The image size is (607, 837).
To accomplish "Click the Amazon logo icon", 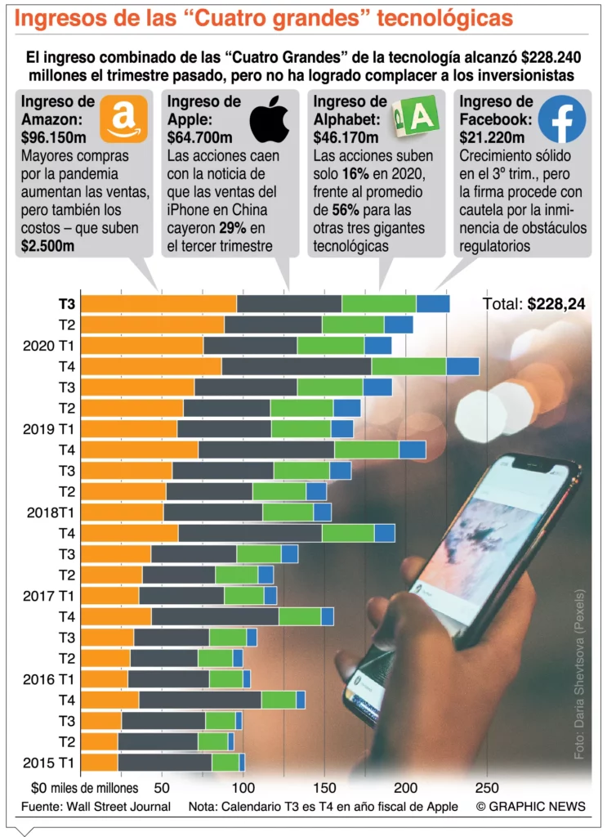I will coord(123,119).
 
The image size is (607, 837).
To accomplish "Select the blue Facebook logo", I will coord(561,119).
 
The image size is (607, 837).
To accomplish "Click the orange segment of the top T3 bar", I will coord(160,303).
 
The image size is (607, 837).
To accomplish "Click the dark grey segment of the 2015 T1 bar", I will coord(164,763).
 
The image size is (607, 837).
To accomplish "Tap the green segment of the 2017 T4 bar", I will coord(300,616).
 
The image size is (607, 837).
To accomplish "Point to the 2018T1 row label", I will coord(51,512).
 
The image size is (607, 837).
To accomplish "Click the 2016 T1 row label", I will coord(50,679).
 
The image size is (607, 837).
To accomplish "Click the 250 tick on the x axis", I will coord(486,788).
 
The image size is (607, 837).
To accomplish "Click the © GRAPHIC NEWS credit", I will coord(530,806).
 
